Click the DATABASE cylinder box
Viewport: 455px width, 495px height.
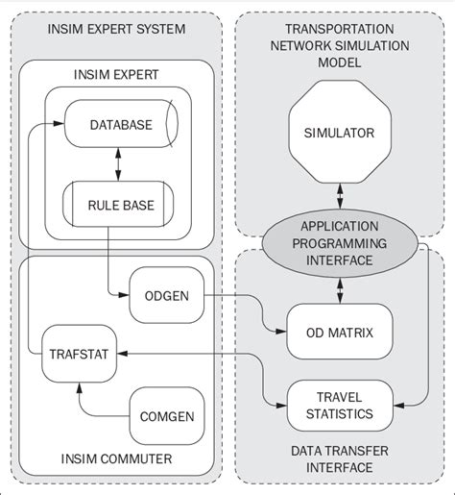[x=120, y=125]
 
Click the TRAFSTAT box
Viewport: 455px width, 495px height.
[x=75, y=353]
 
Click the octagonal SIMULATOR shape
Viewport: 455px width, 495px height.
[x=338, y=133]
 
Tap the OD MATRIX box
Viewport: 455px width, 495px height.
[x=340, y=333]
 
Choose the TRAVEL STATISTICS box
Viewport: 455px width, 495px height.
[x=340, y=405]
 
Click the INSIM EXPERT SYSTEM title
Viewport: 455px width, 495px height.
[x=117, y=30]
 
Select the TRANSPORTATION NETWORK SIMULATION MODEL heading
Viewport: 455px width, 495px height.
[x=338, y=45]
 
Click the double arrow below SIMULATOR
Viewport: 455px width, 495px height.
[x=338, y=195]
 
